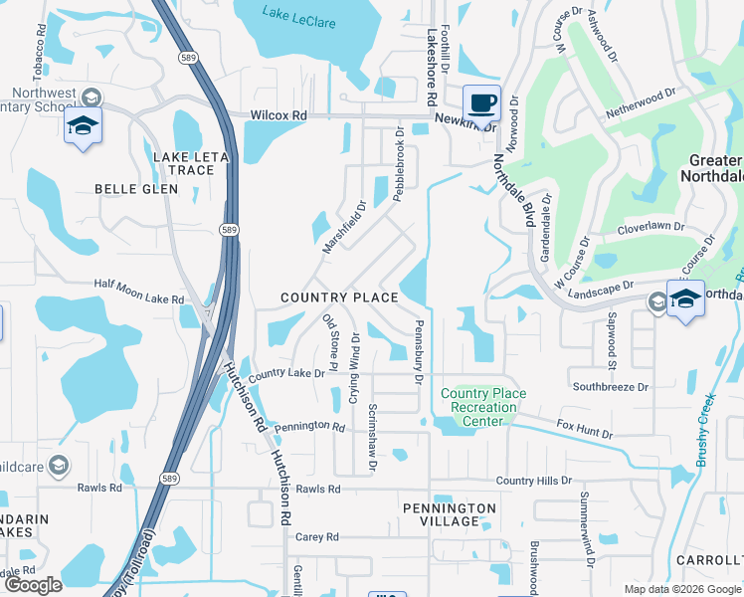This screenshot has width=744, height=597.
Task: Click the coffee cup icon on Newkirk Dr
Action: (x=482, y=102)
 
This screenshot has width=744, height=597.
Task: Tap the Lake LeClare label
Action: (x=298, y=13)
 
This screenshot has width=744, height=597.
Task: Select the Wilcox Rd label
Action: (x=279, y=115)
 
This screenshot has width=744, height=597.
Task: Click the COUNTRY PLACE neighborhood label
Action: (x=339, y=298)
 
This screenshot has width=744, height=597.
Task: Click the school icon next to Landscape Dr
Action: (x=685, y=298)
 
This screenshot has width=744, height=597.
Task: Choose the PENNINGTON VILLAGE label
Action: (x=449, y=514)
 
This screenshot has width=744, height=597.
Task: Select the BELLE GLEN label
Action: (x=135, y=188)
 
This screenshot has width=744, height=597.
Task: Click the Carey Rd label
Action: (x=317, y=537)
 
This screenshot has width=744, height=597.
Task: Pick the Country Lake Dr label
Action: (x=287, y=375)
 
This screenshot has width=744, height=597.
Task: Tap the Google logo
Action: (x=33, y=585)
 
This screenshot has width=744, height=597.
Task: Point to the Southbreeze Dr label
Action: (x=610, y=386)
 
